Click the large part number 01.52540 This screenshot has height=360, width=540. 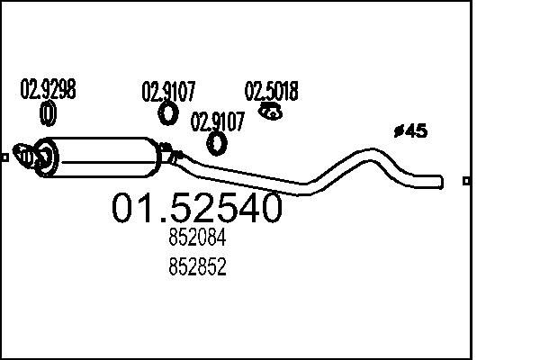coord(196,208)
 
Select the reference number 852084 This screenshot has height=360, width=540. coord(197,238)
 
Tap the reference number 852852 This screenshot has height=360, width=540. coord(197,266)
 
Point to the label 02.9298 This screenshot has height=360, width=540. coord(48,89)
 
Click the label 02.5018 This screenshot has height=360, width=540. coord(272,91)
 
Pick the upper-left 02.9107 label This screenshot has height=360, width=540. coord(168,91)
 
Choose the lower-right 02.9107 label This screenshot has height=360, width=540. coord(217,121)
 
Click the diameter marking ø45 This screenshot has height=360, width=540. coord(411,130)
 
